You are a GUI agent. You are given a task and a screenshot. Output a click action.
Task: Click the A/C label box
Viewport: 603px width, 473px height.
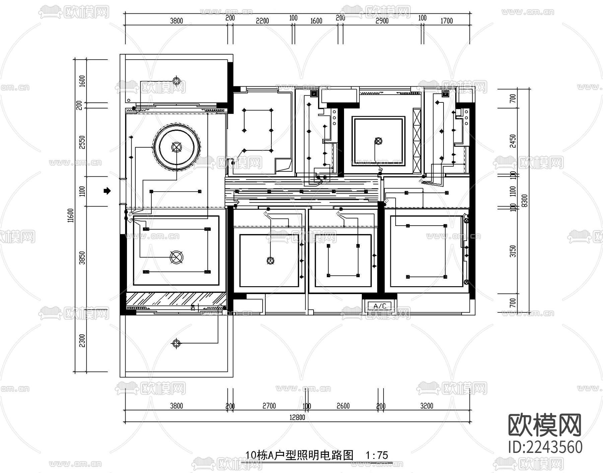point(380,306)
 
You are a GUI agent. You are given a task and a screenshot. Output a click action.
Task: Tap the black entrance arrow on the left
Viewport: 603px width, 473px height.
point(107,191)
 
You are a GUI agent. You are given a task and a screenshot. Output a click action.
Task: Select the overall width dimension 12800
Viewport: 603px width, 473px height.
point(297,417)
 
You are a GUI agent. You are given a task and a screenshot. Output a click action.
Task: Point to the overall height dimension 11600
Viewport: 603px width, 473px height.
point(70,215)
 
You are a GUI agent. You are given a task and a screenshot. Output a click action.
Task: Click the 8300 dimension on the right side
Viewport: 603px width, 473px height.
point(525,201)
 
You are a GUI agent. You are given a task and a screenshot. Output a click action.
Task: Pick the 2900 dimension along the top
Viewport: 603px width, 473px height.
point(382,21)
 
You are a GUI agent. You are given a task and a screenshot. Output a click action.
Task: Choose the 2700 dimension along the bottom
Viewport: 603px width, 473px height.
point(269,406)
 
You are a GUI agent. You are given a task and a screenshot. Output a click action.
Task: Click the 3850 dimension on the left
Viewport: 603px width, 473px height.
point(82,258)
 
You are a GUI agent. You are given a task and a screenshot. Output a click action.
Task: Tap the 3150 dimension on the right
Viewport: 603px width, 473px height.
point(513,251)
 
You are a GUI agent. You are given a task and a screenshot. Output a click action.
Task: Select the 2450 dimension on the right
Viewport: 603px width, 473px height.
point(513,141)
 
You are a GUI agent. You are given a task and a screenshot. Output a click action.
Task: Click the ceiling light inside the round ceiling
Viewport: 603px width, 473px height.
point(176,147)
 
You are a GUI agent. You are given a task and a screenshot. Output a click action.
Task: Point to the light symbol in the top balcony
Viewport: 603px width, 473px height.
point(177,81)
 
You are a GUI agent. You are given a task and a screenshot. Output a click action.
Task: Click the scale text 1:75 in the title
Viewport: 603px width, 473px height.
point(377,455)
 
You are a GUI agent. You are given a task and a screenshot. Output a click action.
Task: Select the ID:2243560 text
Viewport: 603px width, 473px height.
point(545,447)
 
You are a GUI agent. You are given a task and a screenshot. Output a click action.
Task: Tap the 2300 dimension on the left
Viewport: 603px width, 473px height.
point(82,340)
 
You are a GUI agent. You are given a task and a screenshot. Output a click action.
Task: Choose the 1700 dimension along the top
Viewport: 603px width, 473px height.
point(446,21)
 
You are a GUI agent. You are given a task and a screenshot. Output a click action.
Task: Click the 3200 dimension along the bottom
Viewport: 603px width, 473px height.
point(426,406)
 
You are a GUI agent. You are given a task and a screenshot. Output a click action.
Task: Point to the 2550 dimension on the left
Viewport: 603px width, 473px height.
point(82,142)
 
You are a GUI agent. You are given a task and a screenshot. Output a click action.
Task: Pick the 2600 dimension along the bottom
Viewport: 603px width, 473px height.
point(343,406)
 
